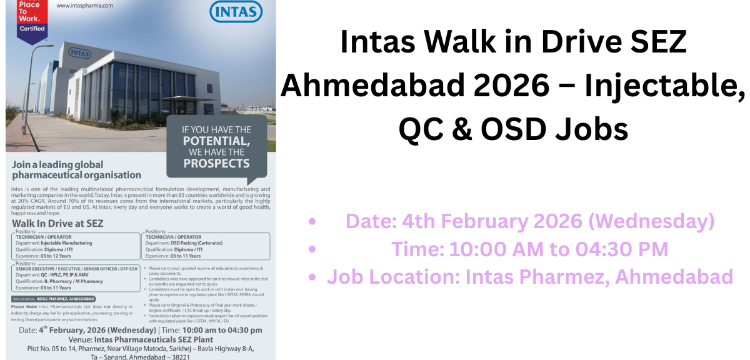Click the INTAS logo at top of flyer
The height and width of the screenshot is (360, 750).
click(237, 12)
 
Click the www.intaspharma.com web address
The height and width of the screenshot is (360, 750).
click(84, 6)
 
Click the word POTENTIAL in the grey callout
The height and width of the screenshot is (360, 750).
click(216, 141)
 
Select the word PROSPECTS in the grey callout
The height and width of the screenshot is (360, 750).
click(216, 163)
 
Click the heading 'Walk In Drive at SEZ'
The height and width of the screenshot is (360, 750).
click(57, 223)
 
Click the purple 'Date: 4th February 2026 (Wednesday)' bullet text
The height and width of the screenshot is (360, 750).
click(529, 221)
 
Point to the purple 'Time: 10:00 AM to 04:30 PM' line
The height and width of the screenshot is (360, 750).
click(529, 249)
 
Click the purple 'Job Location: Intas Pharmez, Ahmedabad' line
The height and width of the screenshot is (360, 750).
click(529, 276)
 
